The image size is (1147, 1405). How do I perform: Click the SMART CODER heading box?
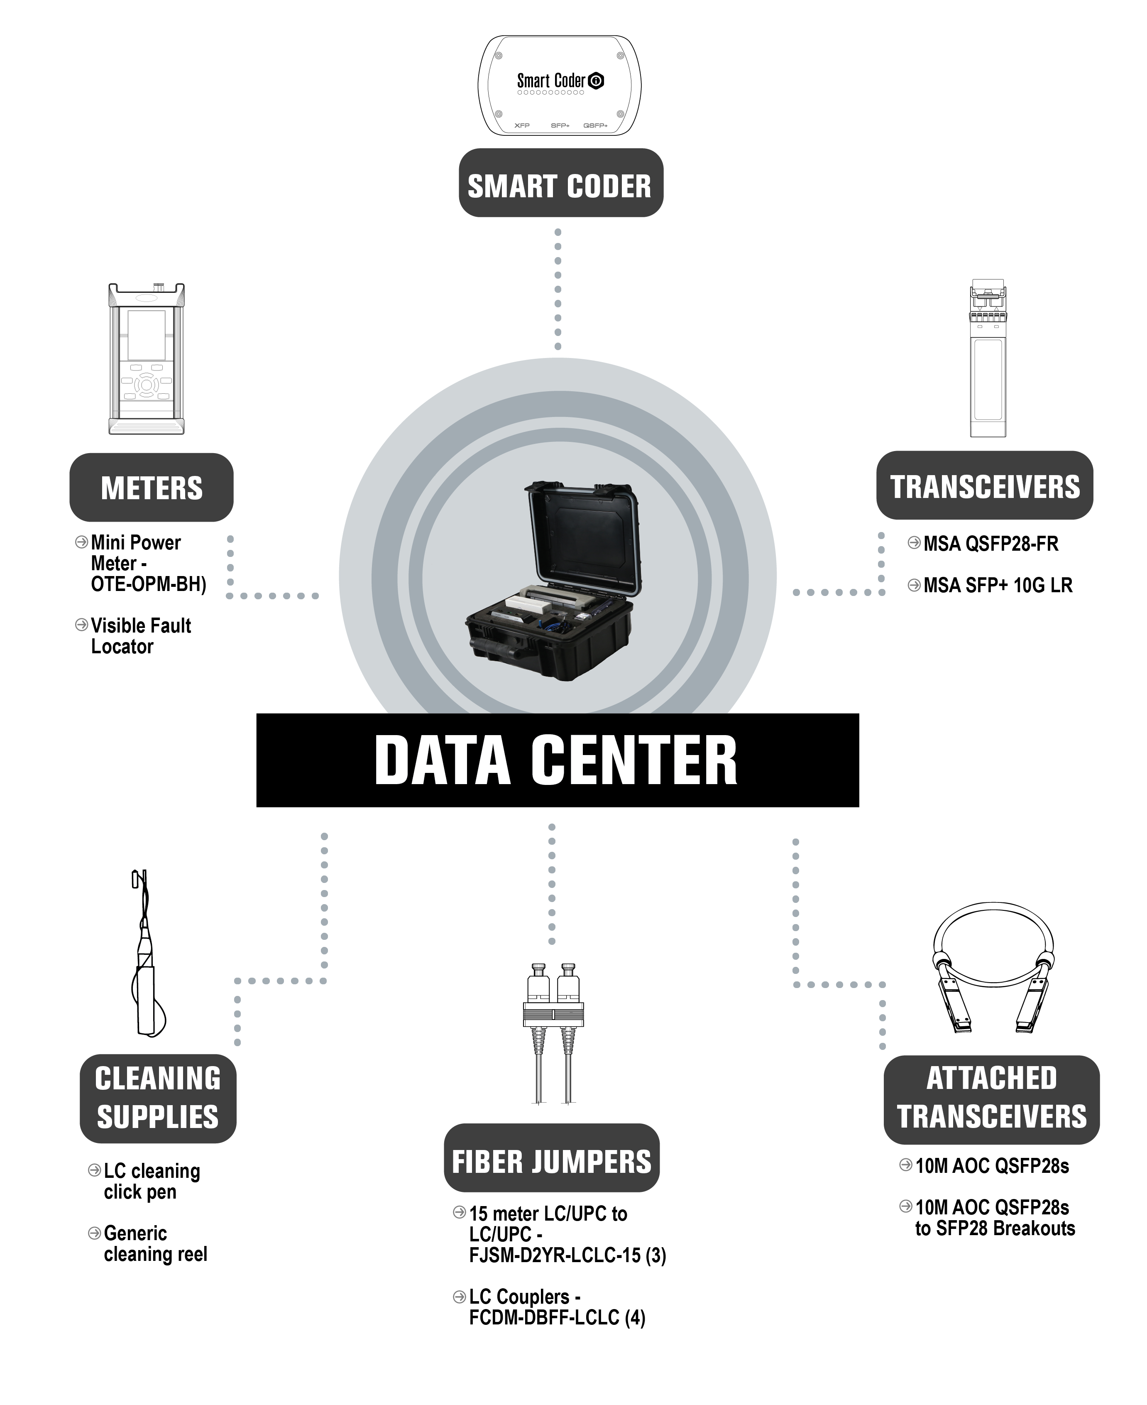(x=561, y=182)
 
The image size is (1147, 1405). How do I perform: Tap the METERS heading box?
(x=151, y=487)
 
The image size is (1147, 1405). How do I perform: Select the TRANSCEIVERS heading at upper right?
(x=984, y=485)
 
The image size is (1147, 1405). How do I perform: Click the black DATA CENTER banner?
(x=558, y=760)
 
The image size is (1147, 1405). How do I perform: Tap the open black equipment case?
(x=553, y=581)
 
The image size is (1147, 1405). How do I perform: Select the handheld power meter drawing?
(x=147, y=359)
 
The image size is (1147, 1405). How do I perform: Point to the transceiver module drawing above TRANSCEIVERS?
(x=988, y=358)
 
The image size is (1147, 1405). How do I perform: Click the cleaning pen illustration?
(x=147, y=954)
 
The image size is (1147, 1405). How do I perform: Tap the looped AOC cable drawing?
(x=993, y=967)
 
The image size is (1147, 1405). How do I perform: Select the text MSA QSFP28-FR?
(x=991, y=544)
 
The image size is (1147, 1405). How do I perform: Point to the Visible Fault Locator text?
(x=141, y=636)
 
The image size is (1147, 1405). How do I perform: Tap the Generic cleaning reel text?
(x=155, y=1244)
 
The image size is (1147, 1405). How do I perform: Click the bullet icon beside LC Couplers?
(x=459, y=1297)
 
